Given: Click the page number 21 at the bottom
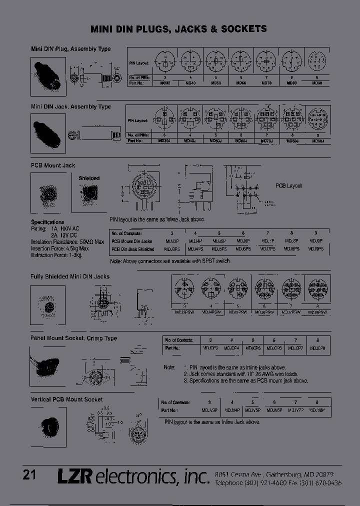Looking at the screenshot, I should (29, 474).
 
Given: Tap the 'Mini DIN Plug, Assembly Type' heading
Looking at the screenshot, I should (70, 49).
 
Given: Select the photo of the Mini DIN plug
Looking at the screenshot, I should (48, 76).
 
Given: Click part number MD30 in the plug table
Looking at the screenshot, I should (165, 83).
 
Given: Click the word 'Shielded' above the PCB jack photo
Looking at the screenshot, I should (89, 178).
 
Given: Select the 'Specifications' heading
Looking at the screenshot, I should (47, 222).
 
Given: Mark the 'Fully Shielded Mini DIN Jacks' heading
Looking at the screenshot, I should (70, 276).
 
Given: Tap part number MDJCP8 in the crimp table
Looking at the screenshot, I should (317, 348).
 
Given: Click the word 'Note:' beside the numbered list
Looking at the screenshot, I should (169, 367).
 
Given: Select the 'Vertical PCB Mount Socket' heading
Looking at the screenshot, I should (66, 399).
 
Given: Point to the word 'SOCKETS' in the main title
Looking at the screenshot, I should (242, 29).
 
